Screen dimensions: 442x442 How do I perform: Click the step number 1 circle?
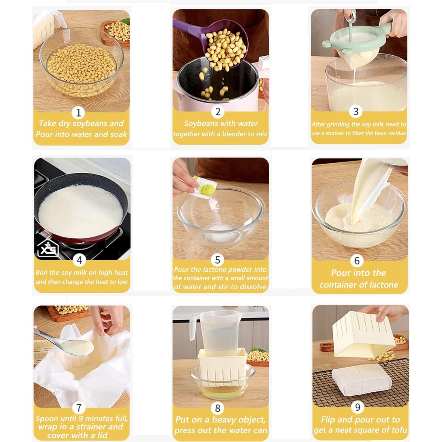coord(78,113)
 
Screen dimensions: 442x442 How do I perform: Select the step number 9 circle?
coord(357,407)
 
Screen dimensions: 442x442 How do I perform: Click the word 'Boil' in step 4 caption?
coord(41,272)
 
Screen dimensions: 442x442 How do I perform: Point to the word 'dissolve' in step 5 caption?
coord(253,287)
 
